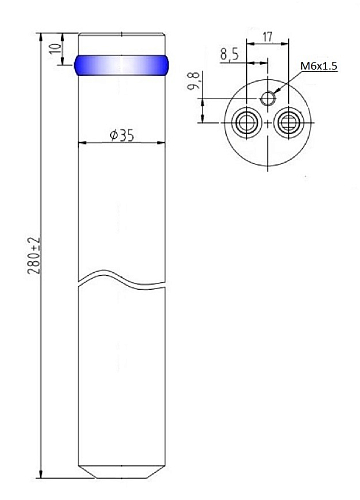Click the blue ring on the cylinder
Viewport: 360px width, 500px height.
(x=121, y=65)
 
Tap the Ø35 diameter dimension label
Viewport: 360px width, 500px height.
(x=122, y=135)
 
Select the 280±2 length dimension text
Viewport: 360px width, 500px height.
(x=34, y=256)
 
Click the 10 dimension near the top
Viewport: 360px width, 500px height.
(x=56, y=48)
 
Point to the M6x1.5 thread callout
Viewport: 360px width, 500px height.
(x=319, y=66)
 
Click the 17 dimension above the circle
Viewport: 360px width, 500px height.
(x=267, y=37)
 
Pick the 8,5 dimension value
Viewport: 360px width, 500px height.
(x=229, y=54)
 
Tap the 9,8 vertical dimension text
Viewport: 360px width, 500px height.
(x=194, y=81)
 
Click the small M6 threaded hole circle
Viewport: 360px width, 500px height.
(x=268, y=98)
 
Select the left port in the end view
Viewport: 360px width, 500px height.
(x=246, y=122)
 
